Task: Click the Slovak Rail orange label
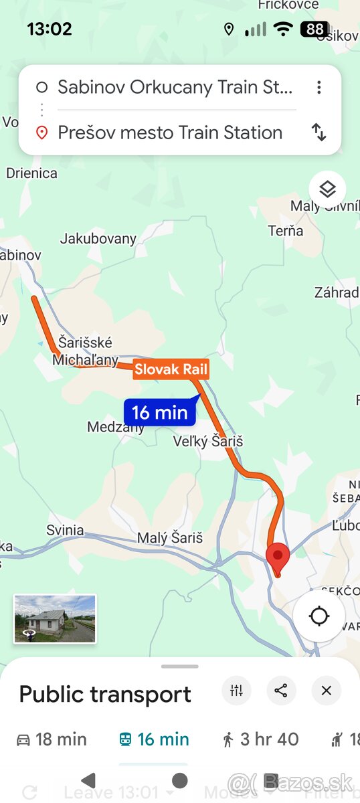coord(171,369)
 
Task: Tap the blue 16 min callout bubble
coord(160,412)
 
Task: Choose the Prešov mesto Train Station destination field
coord(170,132)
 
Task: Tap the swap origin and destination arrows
coord(319,132)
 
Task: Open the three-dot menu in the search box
coord(319,87)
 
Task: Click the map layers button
coord(327,190)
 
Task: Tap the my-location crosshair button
coord(319,616)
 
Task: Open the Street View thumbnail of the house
coord(55,619)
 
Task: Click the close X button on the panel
coord(326,691)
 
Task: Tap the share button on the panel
coord(281,691)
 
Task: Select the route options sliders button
coord(236,691)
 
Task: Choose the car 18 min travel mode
coord(52,739)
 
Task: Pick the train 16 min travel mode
coord(154,739)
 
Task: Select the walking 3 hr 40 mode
coord(260,739)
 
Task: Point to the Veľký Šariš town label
coord(207,442)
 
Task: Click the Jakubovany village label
coord(98,238)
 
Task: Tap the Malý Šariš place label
coord(170,538)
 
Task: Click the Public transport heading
coord(105,694)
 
